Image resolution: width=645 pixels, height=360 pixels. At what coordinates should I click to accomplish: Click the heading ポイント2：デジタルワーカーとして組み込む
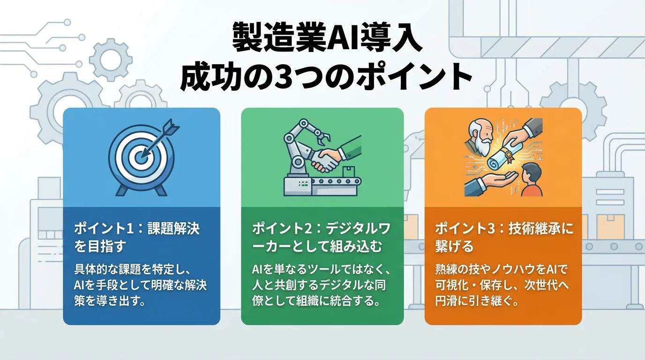click(322, 237)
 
